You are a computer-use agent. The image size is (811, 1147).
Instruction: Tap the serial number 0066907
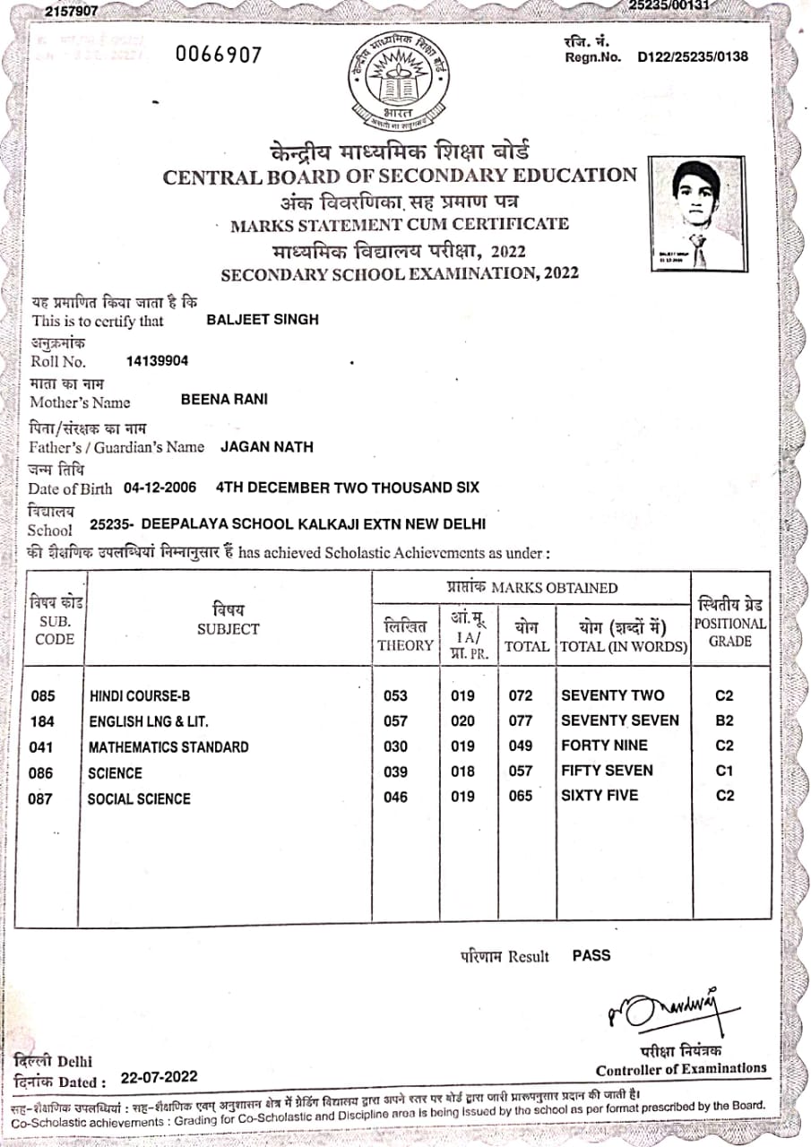click(219, 56)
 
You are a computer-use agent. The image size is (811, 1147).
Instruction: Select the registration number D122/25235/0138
click(693, 57)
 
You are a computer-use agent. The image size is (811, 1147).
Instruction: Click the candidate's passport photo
click(697, 213)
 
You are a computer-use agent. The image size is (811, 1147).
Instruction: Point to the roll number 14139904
click(158, 361)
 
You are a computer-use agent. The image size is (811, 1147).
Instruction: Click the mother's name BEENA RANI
click(224, 400)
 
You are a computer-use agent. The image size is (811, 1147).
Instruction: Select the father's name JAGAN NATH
click(267, 446)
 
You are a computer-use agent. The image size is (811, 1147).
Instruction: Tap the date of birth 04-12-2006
click(160, 487)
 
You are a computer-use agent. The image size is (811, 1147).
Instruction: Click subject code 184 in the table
click(42, 721)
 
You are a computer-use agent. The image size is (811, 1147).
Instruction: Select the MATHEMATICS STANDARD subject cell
click(168, 747)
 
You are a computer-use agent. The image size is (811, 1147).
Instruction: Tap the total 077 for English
click(520, 720)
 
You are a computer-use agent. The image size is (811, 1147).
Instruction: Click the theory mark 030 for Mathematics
click(395, 746)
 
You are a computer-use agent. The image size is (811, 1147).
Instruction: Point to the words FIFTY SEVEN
click(607, 771)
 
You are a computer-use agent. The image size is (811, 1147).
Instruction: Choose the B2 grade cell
click(724, 720)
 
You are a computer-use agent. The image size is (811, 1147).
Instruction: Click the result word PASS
click(591, 955)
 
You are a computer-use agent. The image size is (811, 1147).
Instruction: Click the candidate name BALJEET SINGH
click(263, 319)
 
